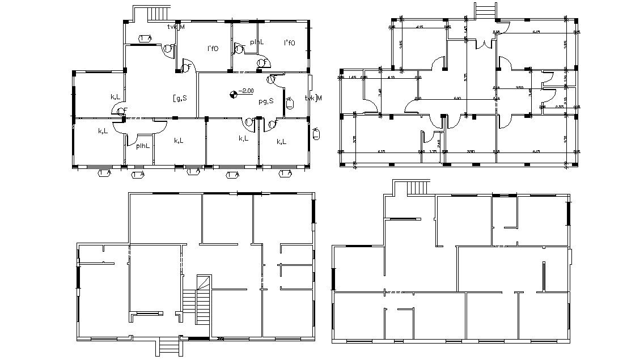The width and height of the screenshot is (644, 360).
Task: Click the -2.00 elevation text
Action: click(x=247, y=91)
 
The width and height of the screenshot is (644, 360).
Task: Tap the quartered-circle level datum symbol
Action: click(x=233, y=95)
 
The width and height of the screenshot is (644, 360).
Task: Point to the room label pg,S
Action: click(x=266, y=101)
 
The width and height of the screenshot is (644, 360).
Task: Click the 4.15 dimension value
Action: click(x=420, y=27)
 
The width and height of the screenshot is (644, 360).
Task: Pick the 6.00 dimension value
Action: click(x=457, y=99)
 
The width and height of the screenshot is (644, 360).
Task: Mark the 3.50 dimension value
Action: click(x=519, y=87)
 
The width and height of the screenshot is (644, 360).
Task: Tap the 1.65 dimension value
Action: click(x=353, y=77)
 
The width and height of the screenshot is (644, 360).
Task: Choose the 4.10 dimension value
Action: click(x=391, y=77)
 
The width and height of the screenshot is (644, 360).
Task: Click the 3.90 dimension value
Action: click(x=470, y=152)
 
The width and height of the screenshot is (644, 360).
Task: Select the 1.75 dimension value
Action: click(x=433, y=152)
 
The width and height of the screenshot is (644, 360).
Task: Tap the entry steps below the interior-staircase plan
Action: click(x=168, y=346)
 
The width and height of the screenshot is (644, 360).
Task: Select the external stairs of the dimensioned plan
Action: click(x=485, y=11)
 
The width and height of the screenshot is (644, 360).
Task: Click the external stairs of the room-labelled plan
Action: click(x=158, y=13)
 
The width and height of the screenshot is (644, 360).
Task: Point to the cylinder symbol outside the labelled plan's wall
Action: click(x=316, y=133)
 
